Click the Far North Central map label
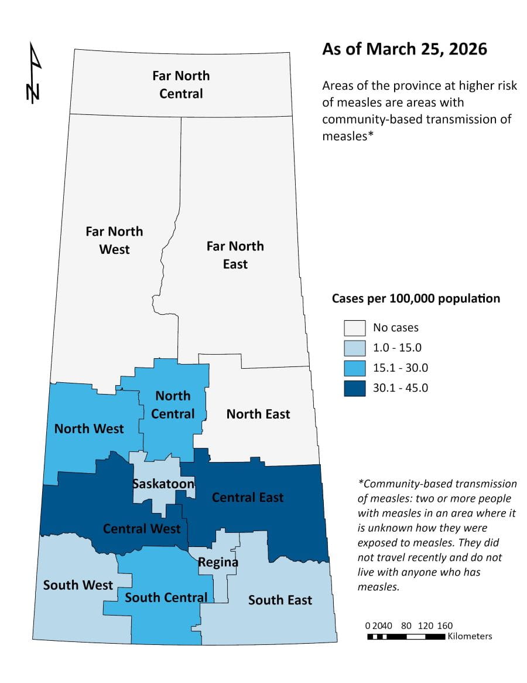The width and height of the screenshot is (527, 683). click(181, 84)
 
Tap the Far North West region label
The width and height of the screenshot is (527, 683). click(114, 240)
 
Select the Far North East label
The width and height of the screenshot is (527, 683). click(235, 255)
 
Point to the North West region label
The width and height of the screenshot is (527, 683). click(89, 429)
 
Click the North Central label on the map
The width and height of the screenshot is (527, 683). click(173, 405)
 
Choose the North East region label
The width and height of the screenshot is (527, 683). click(258, 414)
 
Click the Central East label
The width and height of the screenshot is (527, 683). click(247, 497)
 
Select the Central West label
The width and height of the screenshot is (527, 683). click(142, 528)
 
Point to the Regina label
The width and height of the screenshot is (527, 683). click(218, 562)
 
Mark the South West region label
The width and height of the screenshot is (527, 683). click(78, 585)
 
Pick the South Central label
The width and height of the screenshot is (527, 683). click(166, 597)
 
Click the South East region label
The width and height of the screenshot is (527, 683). click(280, 600)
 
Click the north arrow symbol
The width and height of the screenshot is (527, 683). click(35, 73)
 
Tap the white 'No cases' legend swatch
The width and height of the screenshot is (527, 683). click(354, 328)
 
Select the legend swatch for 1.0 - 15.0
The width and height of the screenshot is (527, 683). click(354, 348)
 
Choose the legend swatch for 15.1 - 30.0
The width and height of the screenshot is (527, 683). click(354, 368)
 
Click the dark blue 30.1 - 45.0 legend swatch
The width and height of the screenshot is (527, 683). click(354, 388)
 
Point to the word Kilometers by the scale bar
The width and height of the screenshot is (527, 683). click(470, 636)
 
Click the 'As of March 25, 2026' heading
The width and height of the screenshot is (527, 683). click(405, 49)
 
